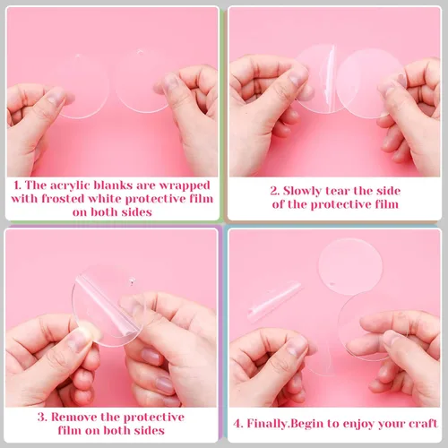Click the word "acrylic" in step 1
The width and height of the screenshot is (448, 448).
(70, 185)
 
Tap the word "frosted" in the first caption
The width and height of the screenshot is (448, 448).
(63, 199)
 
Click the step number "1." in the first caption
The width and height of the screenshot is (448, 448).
(18, 185)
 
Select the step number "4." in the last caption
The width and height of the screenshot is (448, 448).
(238, 424)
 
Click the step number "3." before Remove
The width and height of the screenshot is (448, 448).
(43, 418)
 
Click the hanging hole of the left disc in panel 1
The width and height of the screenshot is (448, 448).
(78, 56)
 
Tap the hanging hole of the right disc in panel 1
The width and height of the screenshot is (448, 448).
(139, 52)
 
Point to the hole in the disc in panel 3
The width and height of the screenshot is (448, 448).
(131, 280)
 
